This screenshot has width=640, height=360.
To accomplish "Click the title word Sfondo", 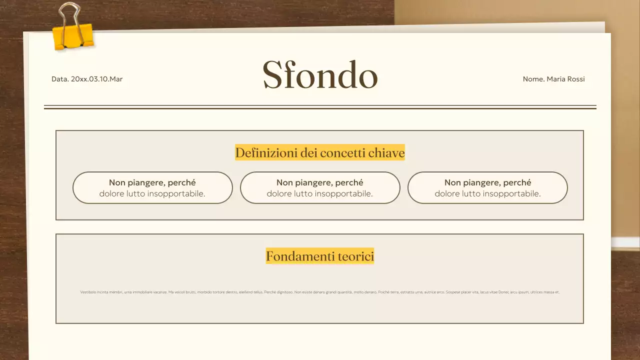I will pyautogui.click(x=320, y=75).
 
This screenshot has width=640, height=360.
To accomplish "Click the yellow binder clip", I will pyautogui.click(x=73, y=36).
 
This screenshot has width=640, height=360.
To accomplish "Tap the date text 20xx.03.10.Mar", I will pyautogui.click(x=96, y=79).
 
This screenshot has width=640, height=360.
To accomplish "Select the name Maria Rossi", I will pyautogui.click(x=565, y=79).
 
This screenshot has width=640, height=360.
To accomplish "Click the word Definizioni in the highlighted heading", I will pyautogui.click(x=266, y=152).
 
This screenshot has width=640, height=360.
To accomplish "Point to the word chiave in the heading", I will pyautogui.click(x=386, y=152).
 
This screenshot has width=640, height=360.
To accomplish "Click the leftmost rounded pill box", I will pyautogui.click(x=152, y=188).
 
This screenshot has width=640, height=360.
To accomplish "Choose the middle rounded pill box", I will pyautogui.click(x=320, y=188).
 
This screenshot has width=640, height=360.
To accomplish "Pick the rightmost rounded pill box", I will pyautogui.click(x=487, y=188).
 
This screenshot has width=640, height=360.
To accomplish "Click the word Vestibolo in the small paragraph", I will pyautogui.click(x=88, y=292).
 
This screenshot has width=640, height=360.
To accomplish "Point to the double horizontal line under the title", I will pyautogui.click(x=320, y=107).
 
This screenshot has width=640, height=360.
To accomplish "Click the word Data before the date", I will pyautogui.click(x=60, y=79).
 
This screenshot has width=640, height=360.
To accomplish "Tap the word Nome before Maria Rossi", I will pyautogui.click(x=533, y=79).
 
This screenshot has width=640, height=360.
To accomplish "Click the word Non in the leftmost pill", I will pyautogui.click(x=117, y=182).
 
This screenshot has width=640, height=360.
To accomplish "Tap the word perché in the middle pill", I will pyautogui.click(x=349, y=182).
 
